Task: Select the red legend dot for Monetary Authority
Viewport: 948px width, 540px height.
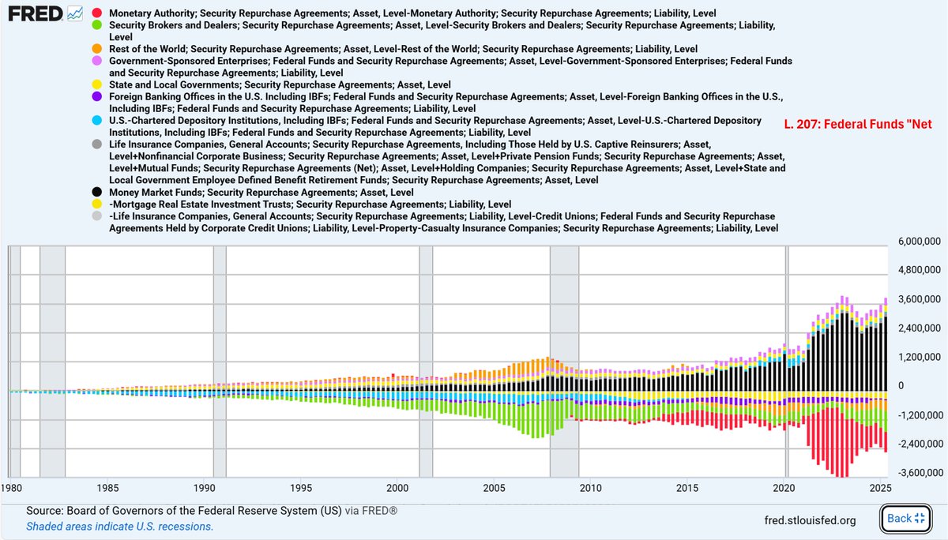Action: [x=96, y=14]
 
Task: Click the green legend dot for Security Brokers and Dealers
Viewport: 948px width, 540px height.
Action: [x=96, y=26]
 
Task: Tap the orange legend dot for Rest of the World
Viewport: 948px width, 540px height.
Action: [x=96, y=49]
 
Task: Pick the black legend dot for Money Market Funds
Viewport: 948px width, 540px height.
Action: [x=96, y=193]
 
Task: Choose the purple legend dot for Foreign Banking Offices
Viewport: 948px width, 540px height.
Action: [x=96, y=97]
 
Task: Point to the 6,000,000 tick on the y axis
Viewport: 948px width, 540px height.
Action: [x=918, y=242]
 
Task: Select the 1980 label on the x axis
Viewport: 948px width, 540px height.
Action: [x=13, y=489]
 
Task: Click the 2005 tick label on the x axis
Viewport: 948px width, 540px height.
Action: [x=494, y=489]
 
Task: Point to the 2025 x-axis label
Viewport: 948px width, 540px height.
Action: [x=879, y=489]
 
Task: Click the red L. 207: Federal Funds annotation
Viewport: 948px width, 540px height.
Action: [x=858, y=124]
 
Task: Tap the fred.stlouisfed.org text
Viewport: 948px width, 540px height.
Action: [x=811, y=520]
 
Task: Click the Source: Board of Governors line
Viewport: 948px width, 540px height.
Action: [x=212, y=511]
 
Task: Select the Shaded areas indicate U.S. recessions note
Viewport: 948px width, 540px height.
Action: [x=119, y=526]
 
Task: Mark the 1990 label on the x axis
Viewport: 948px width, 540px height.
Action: [x=205, y=489]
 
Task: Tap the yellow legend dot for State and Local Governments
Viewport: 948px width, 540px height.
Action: [x=96, y=84]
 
